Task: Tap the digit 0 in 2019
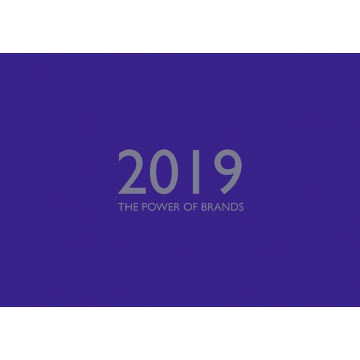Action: [x=164, y=172]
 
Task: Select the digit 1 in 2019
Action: [x=196, y=172]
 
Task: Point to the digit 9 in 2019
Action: [x=228, y=172]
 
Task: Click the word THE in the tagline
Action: [x=128, y=207]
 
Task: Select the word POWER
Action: [x=161, y=207]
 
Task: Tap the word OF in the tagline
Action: [x=191, y=207]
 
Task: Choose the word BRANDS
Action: [x=222, y=207]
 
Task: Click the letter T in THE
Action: [x=121, y=207]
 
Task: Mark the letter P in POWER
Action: [x=144, y=207]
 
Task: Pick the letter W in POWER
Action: [x=163, y=207]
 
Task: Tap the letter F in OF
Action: [x=196, y=207]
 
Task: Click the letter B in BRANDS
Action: [x=204, y=207]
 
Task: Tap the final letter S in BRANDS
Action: [x=241, y=207]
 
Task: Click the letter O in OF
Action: [x=188, y=207]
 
